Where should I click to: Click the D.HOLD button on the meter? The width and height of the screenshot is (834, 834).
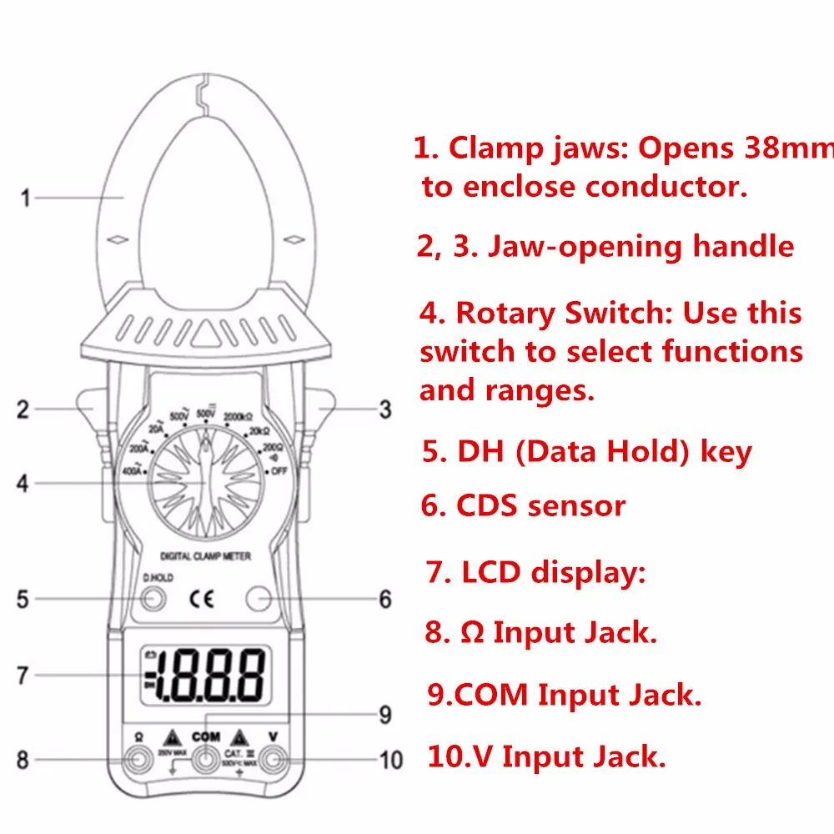(x=153, y=598)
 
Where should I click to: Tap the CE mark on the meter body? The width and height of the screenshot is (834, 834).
(x=203, y=598)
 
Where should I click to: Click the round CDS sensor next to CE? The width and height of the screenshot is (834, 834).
(x=259, y=598)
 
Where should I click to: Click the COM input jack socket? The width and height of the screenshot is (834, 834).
(x=205, y=760)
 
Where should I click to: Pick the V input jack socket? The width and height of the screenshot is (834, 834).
(x=273, y=760)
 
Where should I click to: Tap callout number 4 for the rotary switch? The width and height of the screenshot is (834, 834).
(x=23, y=483)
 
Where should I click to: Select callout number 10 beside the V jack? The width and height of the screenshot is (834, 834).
(x=390, y=760)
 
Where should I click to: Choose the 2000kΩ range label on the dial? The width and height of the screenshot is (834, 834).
(x=238, y=416)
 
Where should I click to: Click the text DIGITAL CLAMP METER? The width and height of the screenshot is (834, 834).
(x=205, y=555)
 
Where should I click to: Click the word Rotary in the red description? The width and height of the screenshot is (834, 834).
(x=505, y=314)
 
